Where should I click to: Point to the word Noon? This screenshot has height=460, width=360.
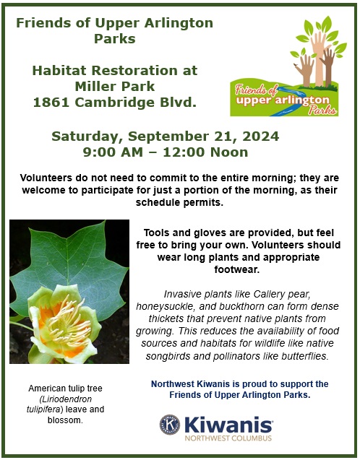229,152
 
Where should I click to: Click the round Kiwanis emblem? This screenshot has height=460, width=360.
170,425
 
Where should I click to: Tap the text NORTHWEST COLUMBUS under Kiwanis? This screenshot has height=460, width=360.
228,438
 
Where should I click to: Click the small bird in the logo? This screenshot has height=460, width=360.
296,64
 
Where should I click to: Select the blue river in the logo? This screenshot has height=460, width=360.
286,100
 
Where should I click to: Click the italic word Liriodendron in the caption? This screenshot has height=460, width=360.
65,399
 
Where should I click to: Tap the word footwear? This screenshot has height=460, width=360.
237,269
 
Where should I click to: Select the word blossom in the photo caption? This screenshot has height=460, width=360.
65,420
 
